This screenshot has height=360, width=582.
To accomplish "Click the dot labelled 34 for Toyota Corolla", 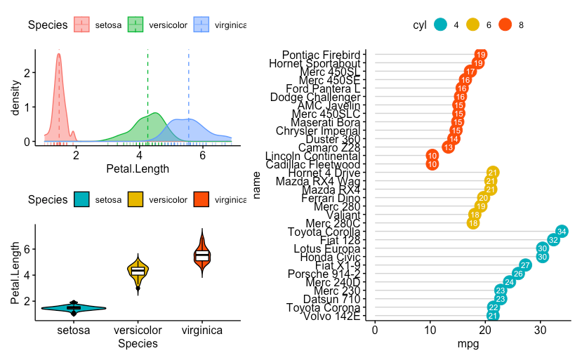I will (562, 232).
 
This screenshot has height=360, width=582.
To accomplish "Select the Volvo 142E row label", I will (332, 316).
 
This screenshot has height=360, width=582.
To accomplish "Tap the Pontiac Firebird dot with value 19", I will (481, 55).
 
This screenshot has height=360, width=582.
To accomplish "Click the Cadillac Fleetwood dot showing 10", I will (432, 164).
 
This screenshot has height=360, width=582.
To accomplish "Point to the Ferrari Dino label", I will (332, 198).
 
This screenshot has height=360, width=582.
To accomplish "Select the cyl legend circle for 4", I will (440, 25).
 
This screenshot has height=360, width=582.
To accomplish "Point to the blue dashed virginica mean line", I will (189, 91).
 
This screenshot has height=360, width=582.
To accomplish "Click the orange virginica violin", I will (202, 255).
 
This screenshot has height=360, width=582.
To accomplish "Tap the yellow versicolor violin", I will (138, 271).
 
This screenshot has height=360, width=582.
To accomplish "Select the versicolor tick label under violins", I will (138, 330).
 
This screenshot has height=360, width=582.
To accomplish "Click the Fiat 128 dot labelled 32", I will (553, 240).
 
